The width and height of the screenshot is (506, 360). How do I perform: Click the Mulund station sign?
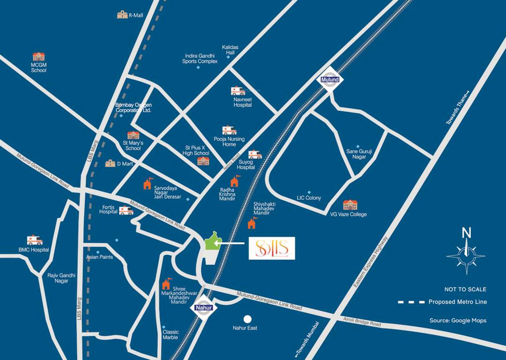330,79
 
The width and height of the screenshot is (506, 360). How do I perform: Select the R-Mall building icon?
122,15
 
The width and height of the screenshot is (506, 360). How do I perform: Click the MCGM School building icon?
38,57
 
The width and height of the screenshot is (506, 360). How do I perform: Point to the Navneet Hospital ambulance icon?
238,91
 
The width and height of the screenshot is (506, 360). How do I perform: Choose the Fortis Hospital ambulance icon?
126,210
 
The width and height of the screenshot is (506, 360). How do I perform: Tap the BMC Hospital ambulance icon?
35,240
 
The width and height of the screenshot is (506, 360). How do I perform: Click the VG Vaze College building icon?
350,205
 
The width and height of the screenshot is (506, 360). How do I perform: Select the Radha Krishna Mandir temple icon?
234,180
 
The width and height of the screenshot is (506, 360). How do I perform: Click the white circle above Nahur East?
248,319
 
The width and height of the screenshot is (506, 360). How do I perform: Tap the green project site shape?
212,241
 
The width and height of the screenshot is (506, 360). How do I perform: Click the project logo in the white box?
272,248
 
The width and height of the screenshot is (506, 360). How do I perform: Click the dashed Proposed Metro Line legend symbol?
411,302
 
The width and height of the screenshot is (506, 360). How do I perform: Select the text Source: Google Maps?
458,321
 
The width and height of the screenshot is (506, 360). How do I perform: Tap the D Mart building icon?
110,163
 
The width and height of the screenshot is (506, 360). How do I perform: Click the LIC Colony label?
309,198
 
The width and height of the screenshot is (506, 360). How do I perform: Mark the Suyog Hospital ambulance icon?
255,154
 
